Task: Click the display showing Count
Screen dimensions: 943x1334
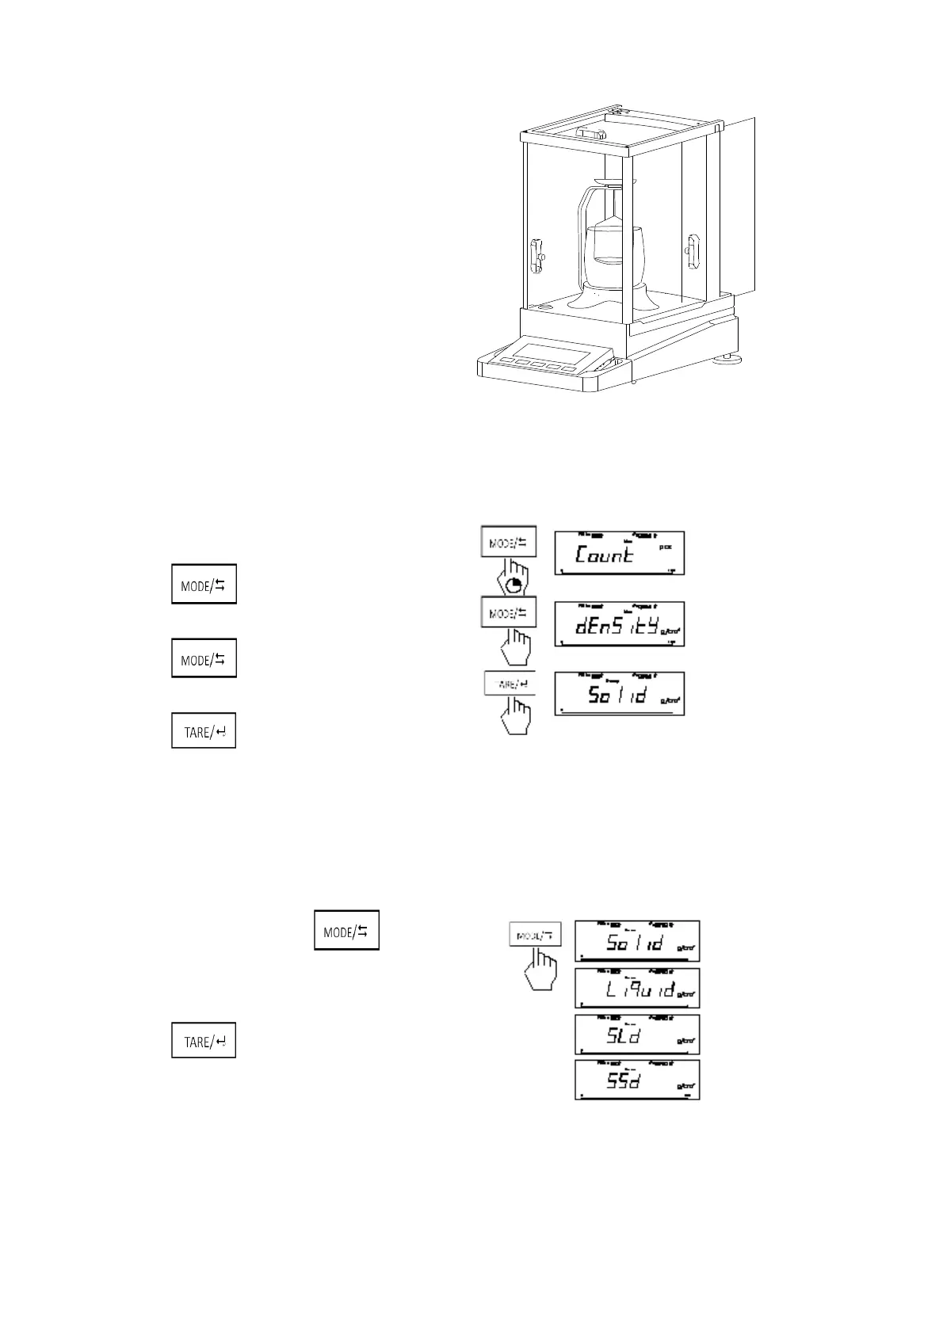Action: [617, 553]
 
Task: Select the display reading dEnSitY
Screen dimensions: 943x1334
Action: [617, 624]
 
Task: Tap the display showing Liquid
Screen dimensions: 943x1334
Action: [637, 988]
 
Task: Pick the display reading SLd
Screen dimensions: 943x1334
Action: [637, 1035]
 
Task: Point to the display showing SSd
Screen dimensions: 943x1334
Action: [637, 1080]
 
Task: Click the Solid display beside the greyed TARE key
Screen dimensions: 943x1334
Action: [617, 694]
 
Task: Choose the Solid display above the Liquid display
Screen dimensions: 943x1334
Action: [637, 941]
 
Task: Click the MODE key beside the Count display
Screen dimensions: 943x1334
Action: [509, 543]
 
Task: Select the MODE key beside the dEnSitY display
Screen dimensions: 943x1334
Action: [509, 612]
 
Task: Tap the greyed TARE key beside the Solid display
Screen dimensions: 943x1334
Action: [510, 684]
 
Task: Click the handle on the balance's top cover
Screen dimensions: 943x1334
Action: [591, 133]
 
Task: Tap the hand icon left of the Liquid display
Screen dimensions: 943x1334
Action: [541, 970]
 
